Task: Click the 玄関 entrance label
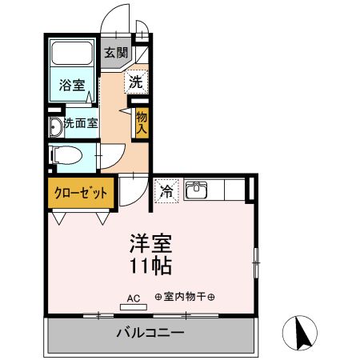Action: tap(115, 54)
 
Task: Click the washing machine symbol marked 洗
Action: tap(136, 81)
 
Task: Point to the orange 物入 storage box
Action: tap(142, 122)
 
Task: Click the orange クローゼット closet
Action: tap(80, 193)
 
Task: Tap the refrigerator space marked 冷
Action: tap(166, 191)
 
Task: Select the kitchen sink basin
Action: tap(195, 190)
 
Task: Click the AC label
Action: tap(133, 298)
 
